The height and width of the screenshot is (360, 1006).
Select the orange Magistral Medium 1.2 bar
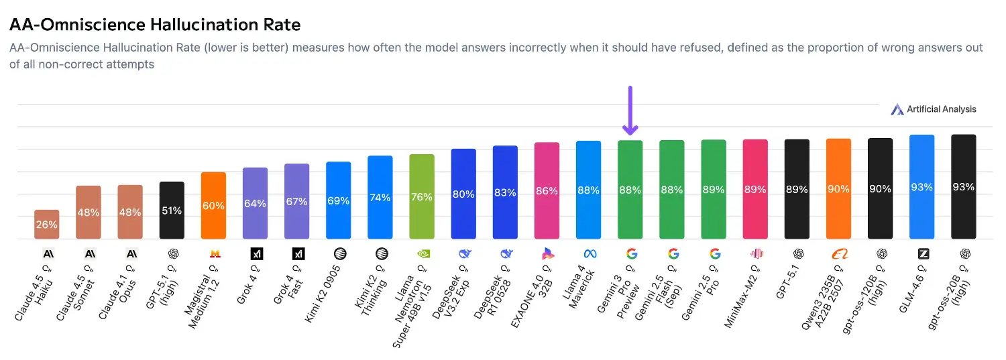click(213, 205)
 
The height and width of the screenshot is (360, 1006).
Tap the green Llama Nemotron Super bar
click(422, 196)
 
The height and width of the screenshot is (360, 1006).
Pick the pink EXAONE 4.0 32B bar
click(547, 190)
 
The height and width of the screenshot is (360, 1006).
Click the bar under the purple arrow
click(630, 190)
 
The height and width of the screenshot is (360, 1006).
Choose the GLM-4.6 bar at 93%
click(921, 186)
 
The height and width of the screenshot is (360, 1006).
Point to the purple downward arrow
click(630, 111)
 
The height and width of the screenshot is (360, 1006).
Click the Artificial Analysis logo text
click(941, 109)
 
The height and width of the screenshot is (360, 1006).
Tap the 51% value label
click(172, 211)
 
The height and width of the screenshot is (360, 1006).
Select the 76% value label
click(422, 197)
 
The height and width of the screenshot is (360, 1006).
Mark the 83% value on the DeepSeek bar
click(505, 193)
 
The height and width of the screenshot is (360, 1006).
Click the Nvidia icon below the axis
click(423, 254)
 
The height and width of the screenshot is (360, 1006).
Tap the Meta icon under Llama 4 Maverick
click(590, 254)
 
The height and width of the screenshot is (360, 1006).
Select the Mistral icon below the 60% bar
click(215, 254)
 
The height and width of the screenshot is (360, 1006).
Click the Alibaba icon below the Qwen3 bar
click(839, 254)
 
